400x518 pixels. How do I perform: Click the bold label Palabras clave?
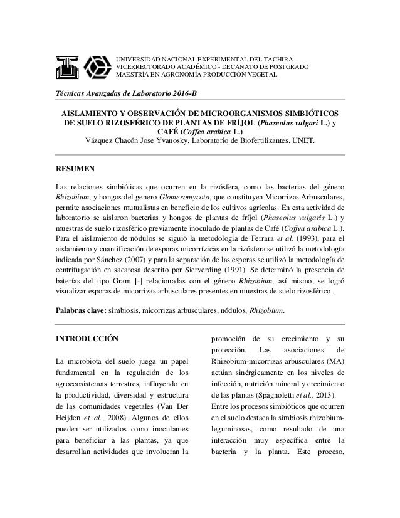coord(81,310)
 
